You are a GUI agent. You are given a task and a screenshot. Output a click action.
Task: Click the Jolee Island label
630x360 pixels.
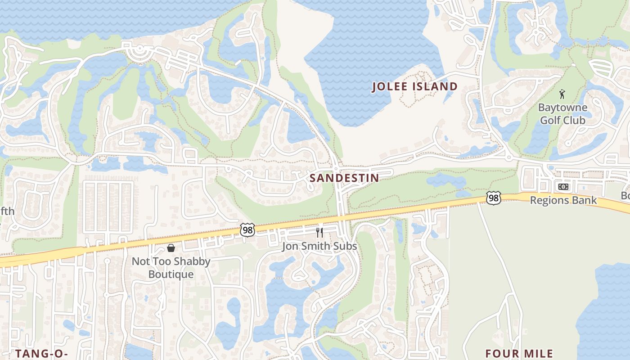click(x=414, y=87)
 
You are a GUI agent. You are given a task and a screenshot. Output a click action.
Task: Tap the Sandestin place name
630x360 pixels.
click(x=344, y=178)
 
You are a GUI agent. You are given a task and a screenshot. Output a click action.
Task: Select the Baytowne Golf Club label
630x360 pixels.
click(x=562, y=114)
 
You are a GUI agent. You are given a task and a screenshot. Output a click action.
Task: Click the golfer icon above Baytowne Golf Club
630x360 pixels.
click(x=562, y=94)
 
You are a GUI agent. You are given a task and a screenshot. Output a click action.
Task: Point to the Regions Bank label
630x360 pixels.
click(x=563, y=200)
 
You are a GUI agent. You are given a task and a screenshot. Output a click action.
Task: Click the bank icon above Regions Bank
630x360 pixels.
click(x=563, y=187)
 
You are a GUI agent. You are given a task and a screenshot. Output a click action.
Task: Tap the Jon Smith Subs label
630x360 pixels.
click(x=319, y=246)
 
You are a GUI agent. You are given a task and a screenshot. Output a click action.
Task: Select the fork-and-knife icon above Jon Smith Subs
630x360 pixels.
click(x=319, y=233)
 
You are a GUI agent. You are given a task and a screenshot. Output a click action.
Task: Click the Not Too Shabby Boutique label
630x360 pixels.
click(x=171, y=268)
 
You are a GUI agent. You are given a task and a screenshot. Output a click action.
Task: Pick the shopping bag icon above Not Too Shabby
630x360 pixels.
click(x=171, y=248)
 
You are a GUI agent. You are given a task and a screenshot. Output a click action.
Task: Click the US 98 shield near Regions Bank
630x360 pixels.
click(x=494, y=198)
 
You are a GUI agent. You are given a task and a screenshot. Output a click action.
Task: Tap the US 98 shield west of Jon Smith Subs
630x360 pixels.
click(x=247, y=229)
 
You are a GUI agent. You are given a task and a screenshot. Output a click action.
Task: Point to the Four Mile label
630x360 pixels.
click(x=519, y=354)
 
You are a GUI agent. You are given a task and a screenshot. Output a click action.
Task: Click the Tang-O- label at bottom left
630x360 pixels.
click(x=41, y=354)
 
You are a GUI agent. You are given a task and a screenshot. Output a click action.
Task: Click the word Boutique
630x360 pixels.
click(x=171, y=274)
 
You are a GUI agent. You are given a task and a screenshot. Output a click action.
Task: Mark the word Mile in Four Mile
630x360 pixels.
click(x=538, y=354)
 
